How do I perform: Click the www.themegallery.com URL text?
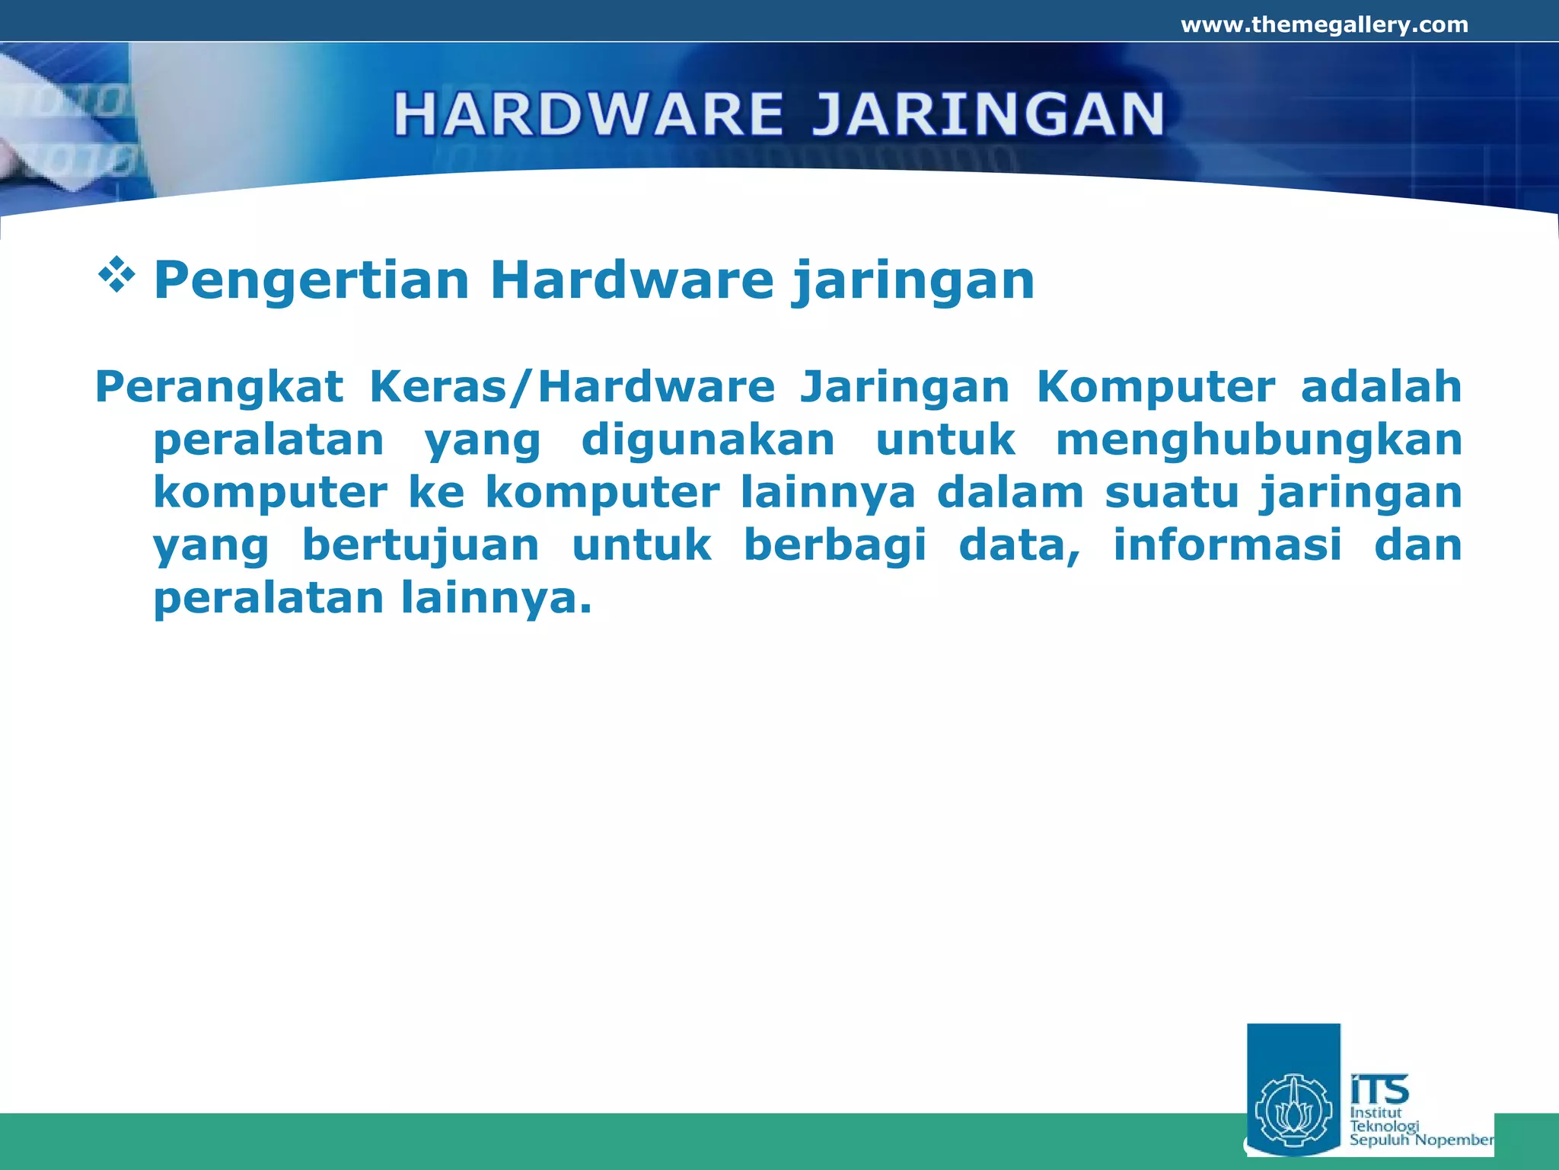(x=1324, y=25)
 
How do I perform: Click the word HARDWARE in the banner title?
(x=588, y=114)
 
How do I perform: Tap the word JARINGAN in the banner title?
(x=987, y=114)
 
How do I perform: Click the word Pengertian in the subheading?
(x=311, y=281)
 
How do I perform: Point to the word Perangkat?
(x=219, y=388)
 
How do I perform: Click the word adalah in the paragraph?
(x=1381, y=386)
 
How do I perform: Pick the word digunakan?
(x=708, y=440)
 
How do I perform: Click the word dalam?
(x=1010, y=493)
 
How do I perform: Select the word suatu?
(x=1172, y=493)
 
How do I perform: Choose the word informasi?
(x=1227, y=545)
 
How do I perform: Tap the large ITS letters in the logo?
(x=1379, y=1089)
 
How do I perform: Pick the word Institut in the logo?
(x=1376, y=1112)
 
